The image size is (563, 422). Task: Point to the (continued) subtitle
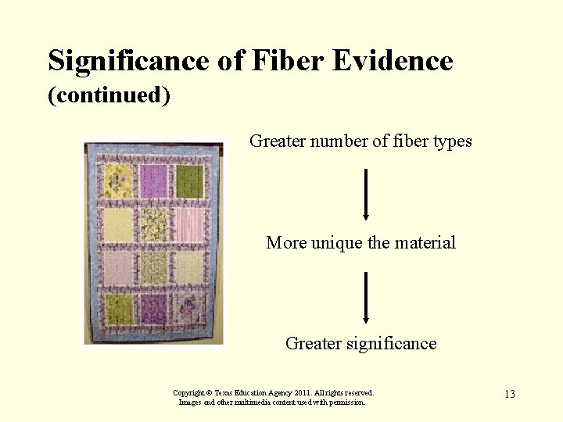[x=109, y=95]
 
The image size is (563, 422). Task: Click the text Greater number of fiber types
[x=360, y=141]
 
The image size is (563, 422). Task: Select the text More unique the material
[x=360, y=242]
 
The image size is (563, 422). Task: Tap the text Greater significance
[x=360, y=343]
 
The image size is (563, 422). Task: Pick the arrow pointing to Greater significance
[x=365, y=298]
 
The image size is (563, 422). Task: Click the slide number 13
[x=509, y=394]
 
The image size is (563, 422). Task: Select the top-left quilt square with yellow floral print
[x=118, y=181]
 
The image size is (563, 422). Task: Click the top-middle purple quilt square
[x=153, y=181]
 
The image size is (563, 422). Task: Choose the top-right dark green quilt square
[x=189, y=181]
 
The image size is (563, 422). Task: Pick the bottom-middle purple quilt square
[x=154, y=310]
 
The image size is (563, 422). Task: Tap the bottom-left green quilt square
[x=119, y=310]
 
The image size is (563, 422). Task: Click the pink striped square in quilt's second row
[x=189, y=224]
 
